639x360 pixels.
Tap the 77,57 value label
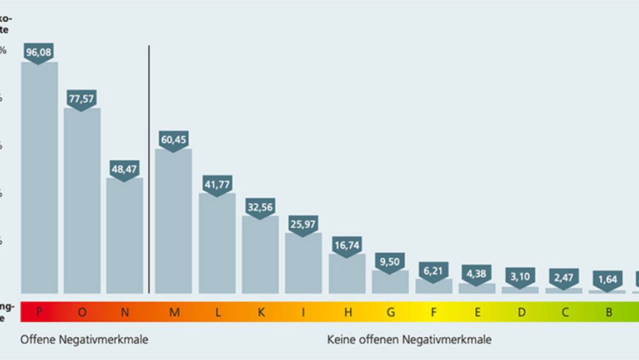(x=82, y=98)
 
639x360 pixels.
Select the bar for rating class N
(x=124, y=236)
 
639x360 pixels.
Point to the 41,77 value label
(x=217, y=184)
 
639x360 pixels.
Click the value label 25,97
(x=304, y=223)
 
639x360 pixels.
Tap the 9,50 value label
(x=390, y=261)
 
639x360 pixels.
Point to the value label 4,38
(x=477, y=274)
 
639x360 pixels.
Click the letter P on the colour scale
(x=39, y=312)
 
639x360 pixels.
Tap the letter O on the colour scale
(x=82, y=312)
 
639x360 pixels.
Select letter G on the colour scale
(x=391, y=312)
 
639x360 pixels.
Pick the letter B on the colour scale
(x=609, y=312)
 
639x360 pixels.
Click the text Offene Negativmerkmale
(x=84, y=339)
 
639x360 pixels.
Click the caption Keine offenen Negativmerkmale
(x=409, y=339)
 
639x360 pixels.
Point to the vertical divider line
(x=149, y=167)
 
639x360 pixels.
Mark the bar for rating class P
(x=39, y=178)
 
